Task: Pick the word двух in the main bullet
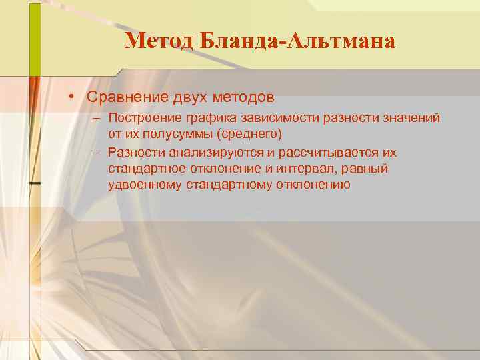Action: tap(191, 97)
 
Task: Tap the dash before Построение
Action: tap(97, 118)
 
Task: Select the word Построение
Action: tap(143, 118)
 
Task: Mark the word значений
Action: tap(409, 118)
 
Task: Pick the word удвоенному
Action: tap(145, 185)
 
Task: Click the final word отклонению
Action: tap(313, 185)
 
